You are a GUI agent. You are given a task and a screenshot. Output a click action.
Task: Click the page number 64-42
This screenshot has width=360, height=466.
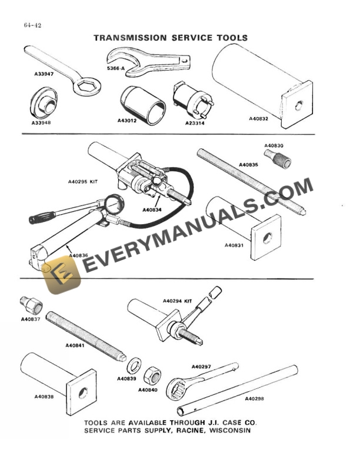tap(32, 25)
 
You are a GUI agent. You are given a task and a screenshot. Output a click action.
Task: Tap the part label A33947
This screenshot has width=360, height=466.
tap(44, 74)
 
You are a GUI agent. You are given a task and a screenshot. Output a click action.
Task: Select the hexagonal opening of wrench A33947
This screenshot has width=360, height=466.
tap(85, 86)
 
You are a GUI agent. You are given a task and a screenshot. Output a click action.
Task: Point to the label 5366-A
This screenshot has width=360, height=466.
tap(115, 68)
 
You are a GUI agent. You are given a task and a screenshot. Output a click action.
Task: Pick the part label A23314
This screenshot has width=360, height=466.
tap(195, 123)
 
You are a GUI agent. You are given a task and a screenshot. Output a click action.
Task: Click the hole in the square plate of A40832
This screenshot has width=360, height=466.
tap(299, 105)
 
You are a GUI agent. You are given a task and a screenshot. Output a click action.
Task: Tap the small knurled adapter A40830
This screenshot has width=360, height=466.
tap(278, 159)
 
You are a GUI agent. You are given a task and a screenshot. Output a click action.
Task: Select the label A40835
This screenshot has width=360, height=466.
tap(249, 165)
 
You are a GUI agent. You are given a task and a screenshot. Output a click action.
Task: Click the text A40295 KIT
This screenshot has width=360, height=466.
tap(83, 181)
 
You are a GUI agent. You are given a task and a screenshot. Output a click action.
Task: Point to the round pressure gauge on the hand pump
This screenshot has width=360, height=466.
tap(114, 204)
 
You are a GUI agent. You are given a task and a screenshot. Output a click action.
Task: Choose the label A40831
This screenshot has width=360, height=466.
tap(234, 245)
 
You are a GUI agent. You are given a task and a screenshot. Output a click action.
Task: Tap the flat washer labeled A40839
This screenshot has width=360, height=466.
tap(134, 366)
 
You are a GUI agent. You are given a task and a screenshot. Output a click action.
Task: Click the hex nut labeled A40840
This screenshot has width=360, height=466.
tap(152, 376)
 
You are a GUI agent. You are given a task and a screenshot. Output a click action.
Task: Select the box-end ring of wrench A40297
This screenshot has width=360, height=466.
tap(176, 388)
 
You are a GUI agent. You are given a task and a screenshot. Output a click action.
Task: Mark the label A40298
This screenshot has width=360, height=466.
tap(254, 398)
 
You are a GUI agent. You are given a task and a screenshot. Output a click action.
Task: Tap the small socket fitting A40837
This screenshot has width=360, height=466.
tap(31, 305)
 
